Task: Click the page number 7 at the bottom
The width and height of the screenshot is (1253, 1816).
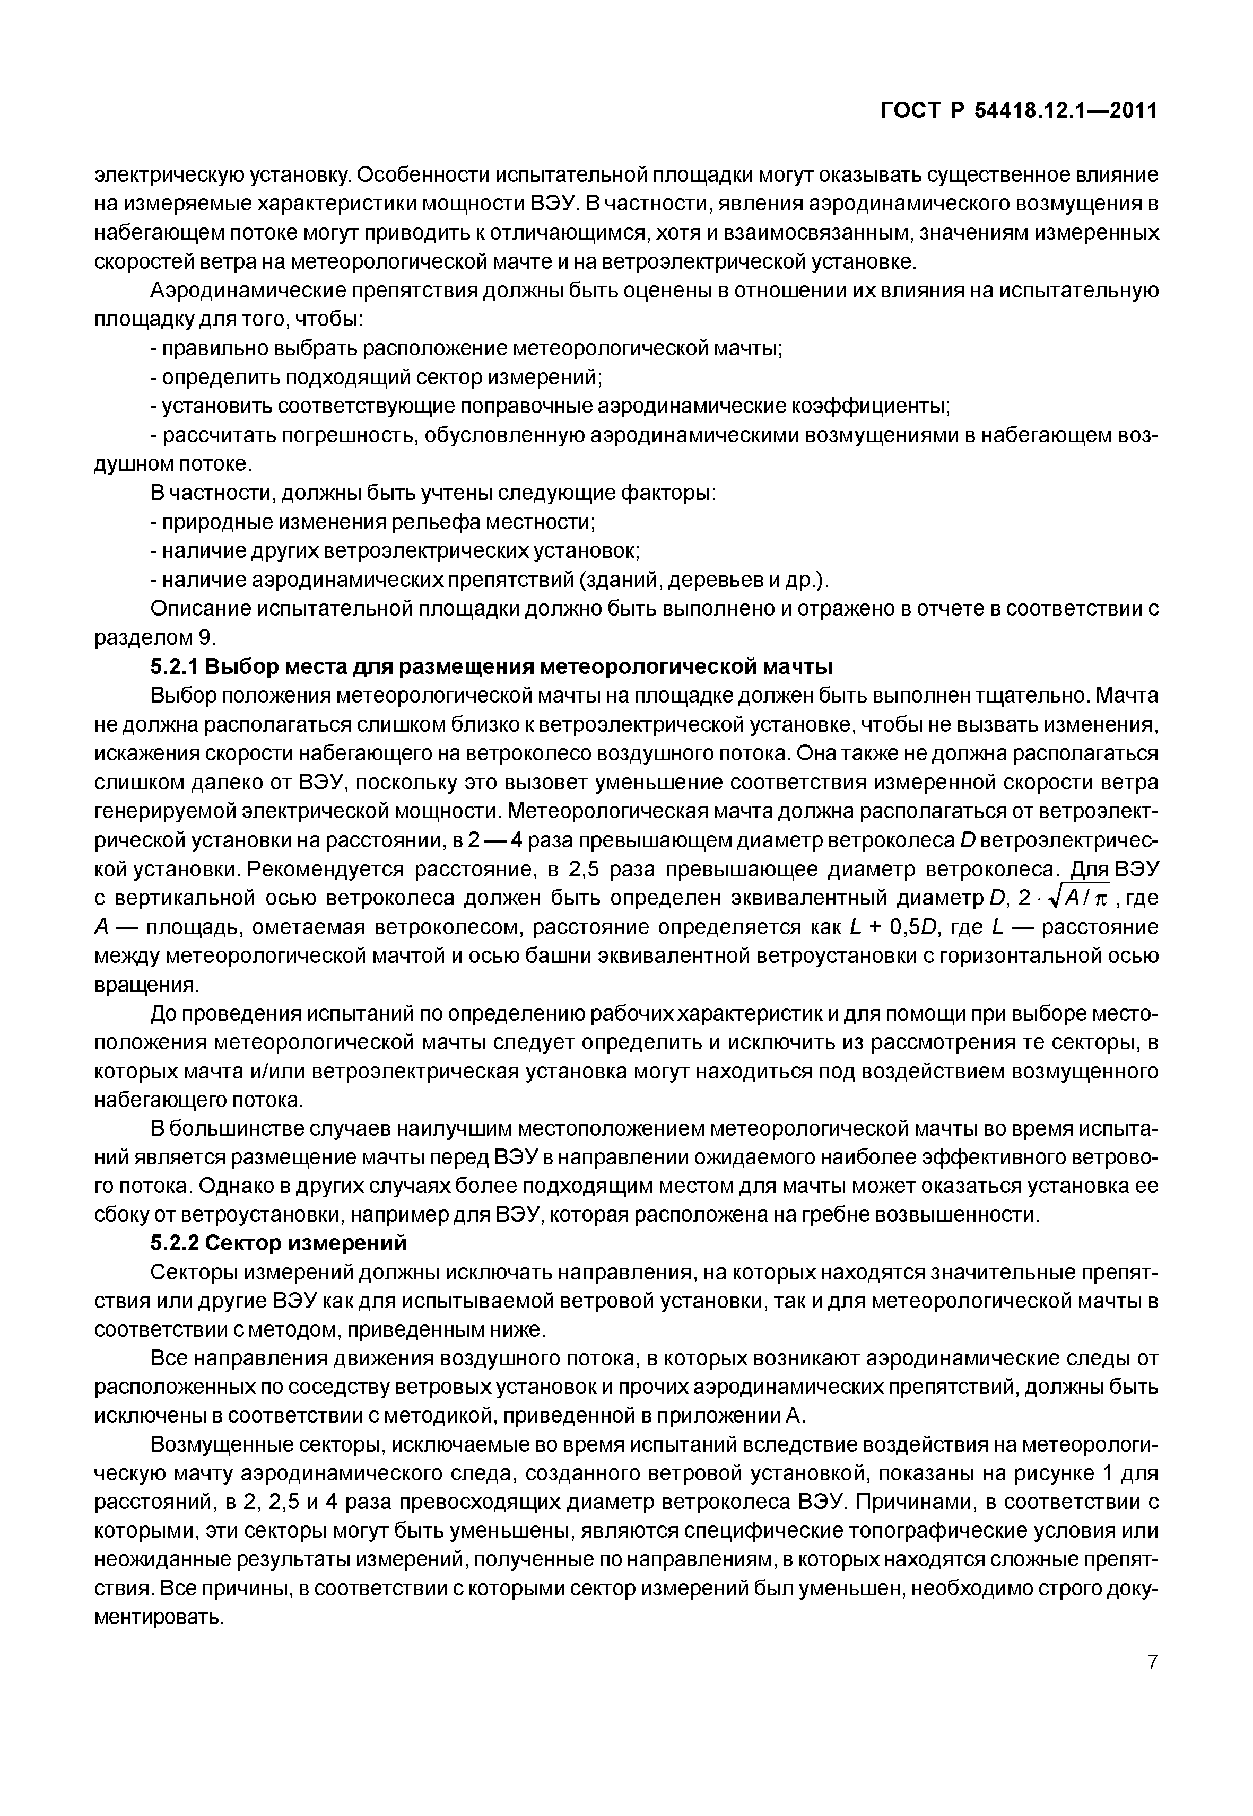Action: point(1152,1683)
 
